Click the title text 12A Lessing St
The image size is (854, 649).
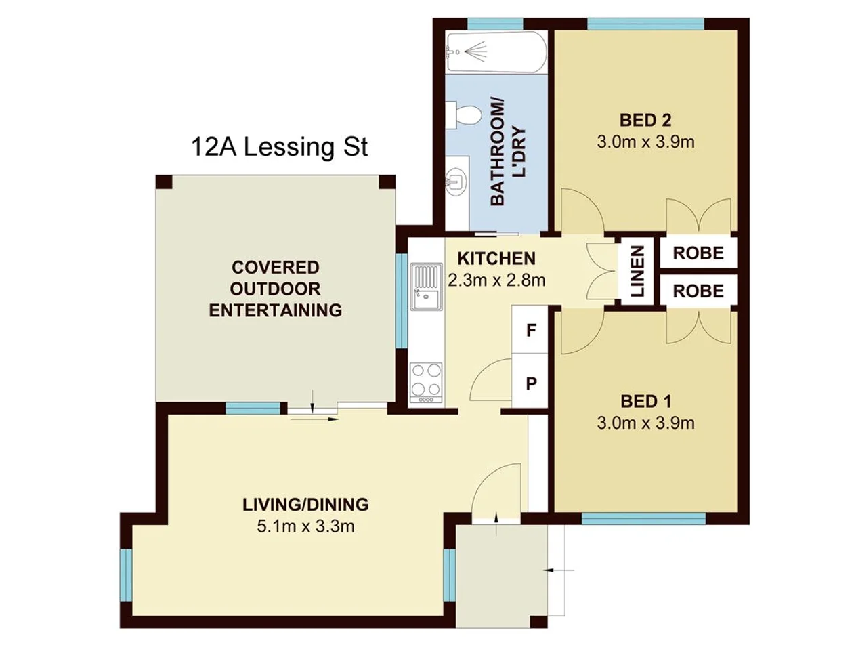[279, 147]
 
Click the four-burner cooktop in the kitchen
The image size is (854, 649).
[426, 382]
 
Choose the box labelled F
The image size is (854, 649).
[531, 330]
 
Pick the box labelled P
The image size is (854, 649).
[531, 383]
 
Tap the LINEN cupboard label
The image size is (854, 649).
[637, 272]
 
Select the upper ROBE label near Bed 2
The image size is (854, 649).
[698, 253]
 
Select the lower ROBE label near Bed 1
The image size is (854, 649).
[698, 291]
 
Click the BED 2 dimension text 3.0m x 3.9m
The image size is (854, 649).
[645, 142]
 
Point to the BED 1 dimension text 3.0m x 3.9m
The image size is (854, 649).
[645, 423]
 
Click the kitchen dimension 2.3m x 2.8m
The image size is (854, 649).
[496, 280]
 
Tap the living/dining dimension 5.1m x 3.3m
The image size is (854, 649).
[305, 526]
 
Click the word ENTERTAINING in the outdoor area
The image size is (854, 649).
[275, 310]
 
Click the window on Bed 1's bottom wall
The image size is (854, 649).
[643, 518]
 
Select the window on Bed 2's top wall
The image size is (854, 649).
[645, 25]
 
